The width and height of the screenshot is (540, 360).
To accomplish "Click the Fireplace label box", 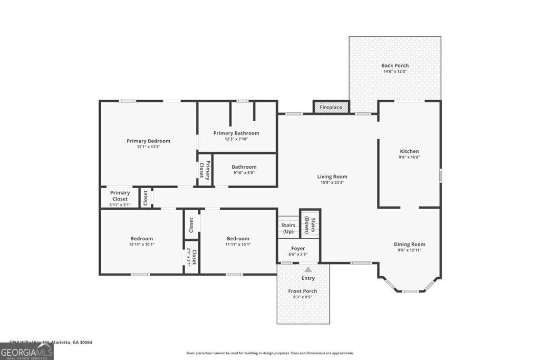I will (331, 107).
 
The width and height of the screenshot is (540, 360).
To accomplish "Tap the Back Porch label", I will (395, 65).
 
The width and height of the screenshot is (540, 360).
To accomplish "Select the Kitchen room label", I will (409, 151).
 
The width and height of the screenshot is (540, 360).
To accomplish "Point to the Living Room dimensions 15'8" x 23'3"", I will (332, 183).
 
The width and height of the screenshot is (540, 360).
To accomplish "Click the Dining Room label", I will (409, 244).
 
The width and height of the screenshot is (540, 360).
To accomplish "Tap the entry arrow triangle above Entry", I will (308, 269).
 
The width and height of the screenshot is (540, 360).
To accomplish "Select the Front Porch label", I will (303, 291).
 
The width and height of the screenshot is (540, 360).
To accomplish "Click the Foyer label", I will (298, 248).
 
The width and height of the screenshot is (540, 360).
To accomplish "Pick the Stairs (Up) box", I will (288, 228).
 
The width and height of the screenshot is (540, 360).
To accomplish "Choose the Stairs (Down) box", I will (310, 225).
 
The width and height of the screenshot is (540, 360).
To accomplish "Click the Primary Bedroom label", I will (148, 141).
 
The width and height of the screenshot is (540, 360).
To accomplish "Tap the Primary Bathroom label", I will (236, 133).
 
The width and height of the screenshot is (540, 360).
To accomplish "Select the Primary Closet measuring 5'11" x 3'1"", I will (120, 199).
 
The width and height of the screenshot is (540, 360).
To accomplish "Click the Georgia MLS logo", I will (27, 352).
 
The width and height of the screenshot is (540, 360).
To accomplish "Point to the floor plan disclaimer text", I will (270, 353).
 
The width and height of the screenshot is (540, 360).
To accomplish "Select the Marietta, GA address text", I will (51, 342).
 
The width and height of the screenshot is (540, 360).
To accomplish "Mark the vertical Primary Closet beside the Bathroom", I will (204, 170).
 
